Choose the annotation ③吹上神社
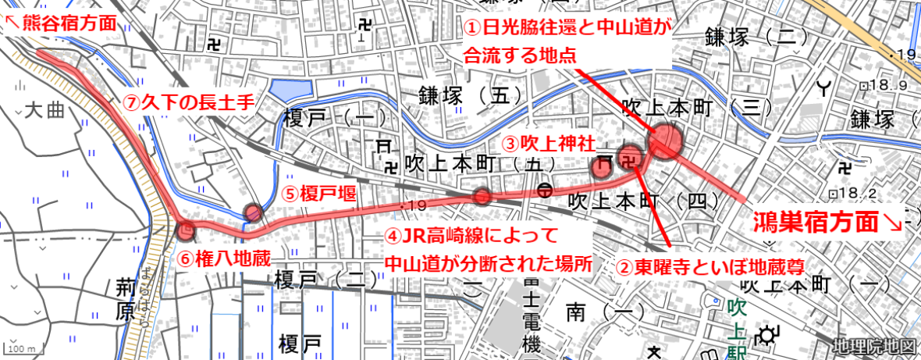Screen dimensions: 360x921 tap(547, 144)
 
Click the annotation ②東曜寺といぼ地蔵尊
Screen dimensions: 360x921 tap(710, 267)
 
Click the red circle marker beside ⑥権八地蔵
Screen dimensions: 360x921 tap(186, 230)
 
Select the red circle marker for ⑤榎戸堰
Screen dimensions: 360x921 tap(253, 212)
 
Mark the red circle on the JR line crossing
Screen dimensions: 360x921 tap(482, 196)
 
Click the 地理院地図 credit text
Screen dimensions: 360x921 tap(872, 346)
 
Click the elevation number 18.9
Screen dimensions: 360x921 tap(890, 84)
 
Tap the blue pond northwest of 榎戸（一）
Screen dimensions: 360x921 tap(290, 91)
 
